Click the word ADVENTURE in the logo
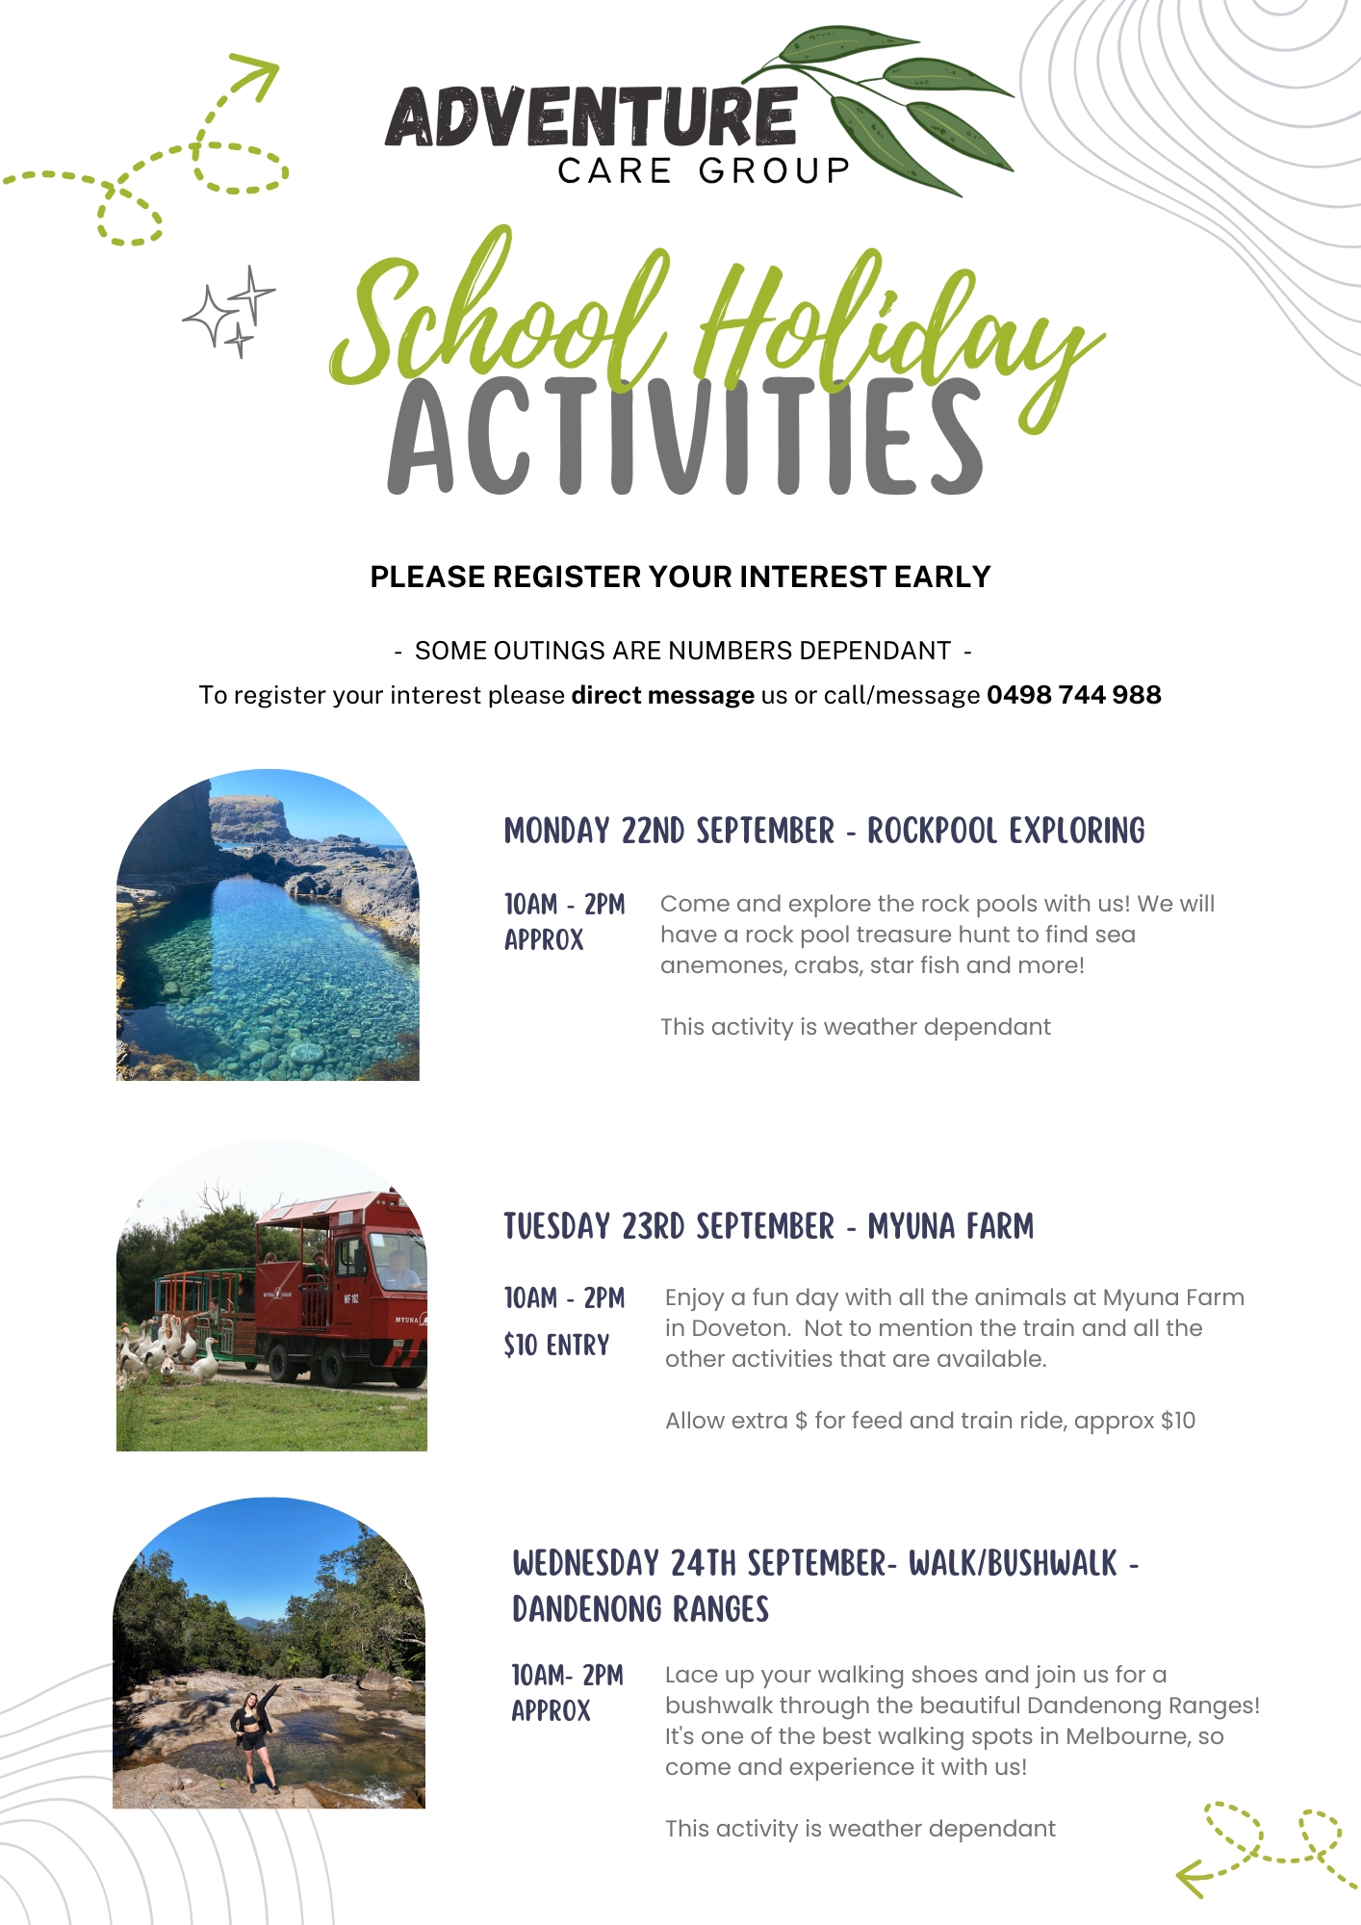tap(591, 116)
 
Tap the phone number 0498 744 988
tap(1074, 695)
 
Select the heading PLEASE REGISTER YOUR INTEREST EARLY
tap(680, 577)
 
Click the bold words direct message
tap(662, 695)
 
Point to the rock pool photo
tap(268, 924)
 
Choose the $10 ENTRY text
tap(556, 1345)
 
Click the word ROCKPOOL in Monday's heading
tap(932, 831)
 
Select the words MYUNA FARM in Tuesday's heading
tap(951, 1226)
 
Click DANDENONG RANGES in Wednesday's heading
tap(640, 1609)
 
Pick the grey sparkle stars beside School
tap(229, 312)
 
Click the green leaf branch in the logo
tap(876, 106)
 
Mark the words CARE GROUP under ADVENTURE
tap(704, 171)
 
